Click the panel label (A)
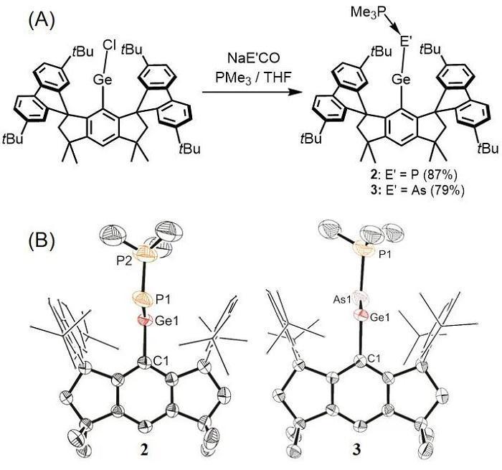click(x=42, y=21)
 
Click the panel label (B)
click(x=42, y=240)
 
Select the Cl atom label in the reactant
click(x=110, y=45)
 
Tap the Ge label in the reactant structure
click(x=103, y=79)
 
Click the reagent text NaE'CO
click(x=254, y=58)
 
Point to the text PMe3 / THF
click(x=253, y=77)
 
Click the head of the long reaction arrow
click(x=298, y=93)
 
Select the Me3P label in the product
click(x=368, y=12)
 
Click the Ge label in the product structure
click(x=402, y=79)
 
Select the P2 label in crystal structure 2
click(x=125, y=261)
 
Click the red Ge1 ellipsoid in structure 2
click(x=145, y=320)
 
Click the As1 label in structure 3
click(x=343, y=300)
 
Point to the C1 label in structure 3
click(x=374, y=359)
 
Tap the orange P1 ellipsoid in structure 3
click(x=364, y=250)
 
